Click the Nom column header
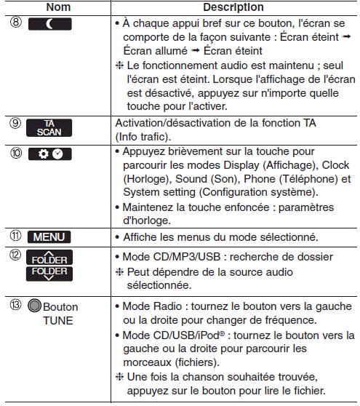[x=58, y=7]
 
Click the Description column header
[x=233, y=7]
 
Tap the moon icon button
[x=50, y=24]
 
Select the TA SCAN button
[x=49, y=128]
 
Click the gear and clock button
[x=50, y=154]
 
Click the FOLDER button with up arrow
[x=49, y=258]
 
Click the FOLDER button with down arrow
[x=49, y=274]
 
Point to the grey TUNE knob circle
[x=35, y=306]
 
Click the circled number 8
[x=16, y=22]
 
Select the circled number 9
[x=15, y=123]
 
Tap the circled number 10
[x=16, y=153]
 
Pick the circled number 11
[x=15, y=236]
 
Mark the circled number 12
[x=15, y=255]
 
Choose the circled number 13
[x=15, y=304]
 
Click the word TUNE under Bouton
[x=58, y=321]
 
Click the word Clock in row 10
[x=335, y=165]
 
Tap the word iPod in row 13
[x=208, y=335]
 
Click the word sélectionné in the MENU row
[x=289, y=237]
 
